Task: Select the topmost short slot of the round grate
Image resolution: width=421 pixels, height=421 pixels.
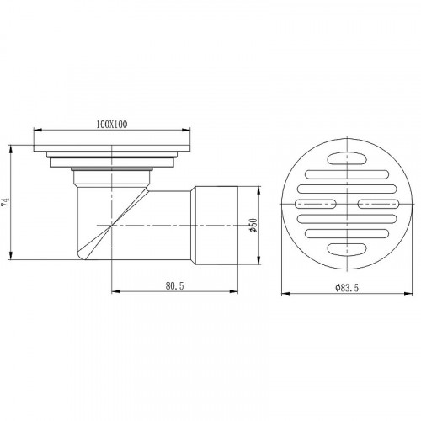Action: (346, 157)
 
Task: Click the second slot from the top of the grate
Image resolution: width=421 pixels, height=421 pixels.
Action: (346, 174)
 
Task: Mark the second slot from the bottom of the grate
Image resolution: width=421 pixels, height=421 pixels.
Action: (346, 231)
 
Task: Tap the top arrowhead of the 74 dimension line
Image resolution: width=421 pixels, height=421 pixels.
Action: (10, 144)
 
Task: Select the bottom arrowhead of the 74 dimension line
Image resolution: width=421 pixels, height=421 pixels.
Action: (10, 261)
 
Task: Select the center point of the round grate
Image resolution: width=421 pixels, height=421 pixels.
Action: (347, 202)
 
